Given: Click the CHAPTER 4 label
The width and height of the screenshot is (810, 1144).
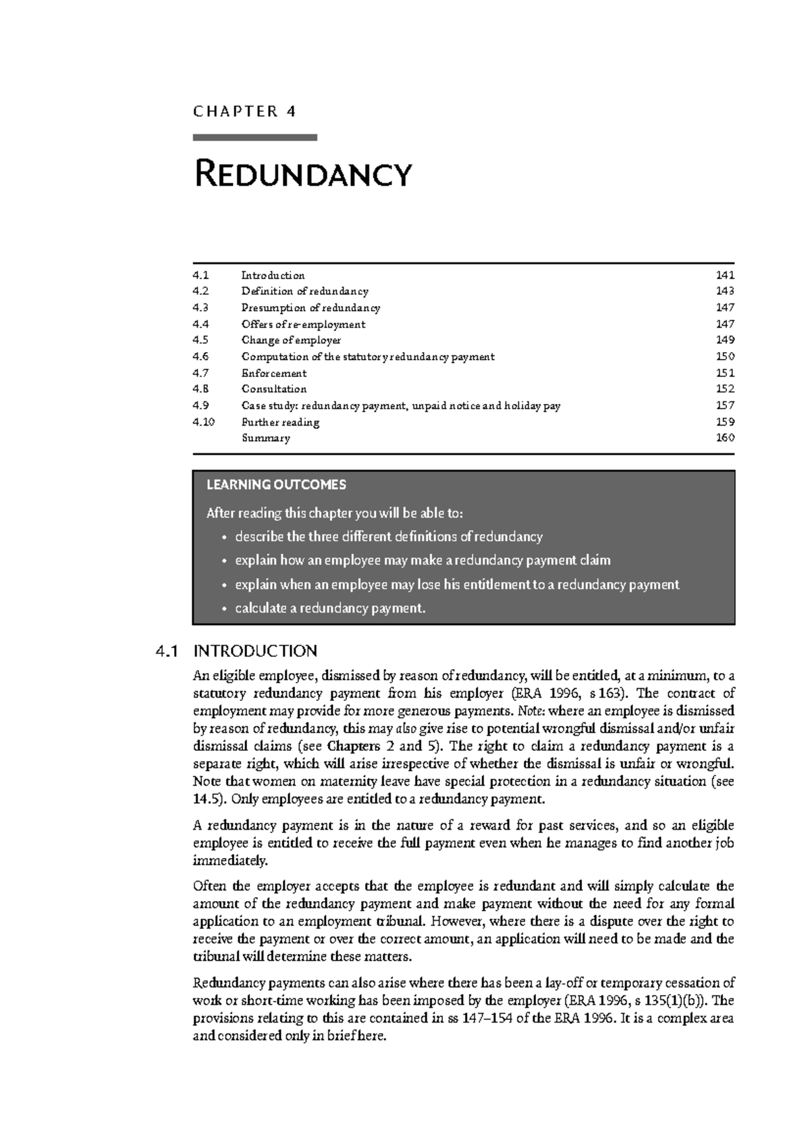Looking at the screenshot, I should (244, 111).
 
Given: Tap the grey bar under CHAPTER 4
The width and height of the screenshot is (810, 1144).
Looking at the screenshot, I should (254, 138).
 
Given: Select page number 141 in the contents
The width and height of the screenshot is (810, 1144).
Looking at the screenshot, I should (725, 275).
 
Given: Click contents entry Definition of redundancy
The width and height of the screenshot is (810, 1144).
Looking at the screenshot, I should (304, 291).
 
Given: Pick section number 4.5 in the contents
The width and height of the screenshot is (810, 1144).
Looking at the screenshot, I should (200, 340).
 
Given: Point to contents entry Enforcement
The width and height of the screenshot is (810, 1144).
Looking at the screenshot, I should (274, 373).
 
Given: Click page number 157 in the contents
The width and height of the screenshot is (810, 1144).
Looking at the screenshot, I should (725, 405).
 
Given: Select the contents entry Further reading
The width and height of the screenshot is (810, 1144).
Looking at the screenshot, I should (280, 422).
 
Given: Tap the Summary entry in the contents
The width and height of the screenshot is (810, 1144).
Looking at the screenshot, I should (266, 438).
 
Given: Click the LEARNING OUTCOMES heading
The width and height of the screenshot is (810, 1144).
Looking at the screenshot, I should (276, 484).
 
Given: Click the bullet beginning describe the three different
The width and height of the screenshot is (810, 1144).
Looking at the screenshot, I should (388, 537).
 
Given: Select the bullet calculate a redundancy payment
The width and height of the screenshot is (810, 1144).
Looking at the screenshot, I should (330, 608).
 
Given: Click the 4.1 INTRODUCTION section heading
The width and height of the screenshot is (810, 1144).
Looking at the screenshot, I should (236, 651).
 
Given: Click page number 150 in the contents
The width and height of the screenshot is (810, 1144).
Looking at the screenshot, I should (725, 357).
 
